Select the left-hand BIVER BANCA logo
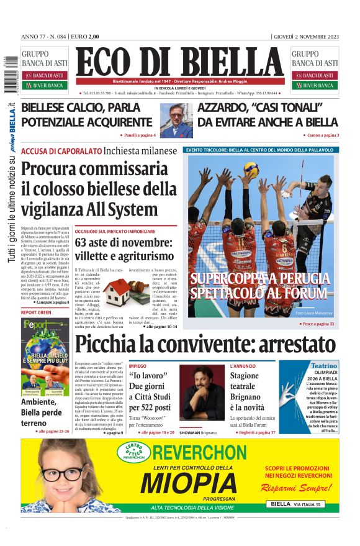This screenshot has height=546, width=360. click(x=45, y=85)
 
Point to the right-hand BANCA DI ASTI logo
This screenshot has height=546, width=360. click(x=315, y=75)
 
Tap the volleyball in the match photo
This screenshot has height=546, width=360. click(x=251, y=170)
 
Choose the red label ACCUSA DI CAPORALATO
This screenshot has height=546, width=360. click(x=61, y=151)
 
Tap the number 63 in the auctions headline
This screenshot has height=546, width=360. click(x=84, y=242)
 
